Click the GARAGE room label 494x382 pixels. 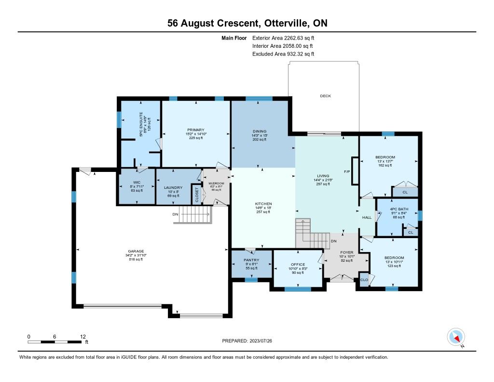pos(136,251)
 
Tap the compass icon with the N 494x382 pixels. pos(456,337)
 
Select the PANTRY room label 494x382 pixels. pos(251,260)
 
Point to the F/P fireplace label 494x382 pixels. pos(346,171)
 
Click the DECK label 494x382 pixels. pos(326,96)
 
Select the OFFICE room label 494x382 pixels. pos(298,264)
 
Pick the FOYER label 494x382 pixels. pos(347,252)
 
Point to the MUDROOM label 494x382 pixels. pos(216,184)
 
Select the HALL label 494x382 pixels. pos(367,218)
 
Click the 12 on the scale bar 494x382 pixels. pos(82,336)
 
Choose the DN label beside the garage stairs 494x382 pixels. pos(177,214)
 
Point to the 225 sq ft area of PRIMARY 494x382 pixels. pos(196,138)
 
